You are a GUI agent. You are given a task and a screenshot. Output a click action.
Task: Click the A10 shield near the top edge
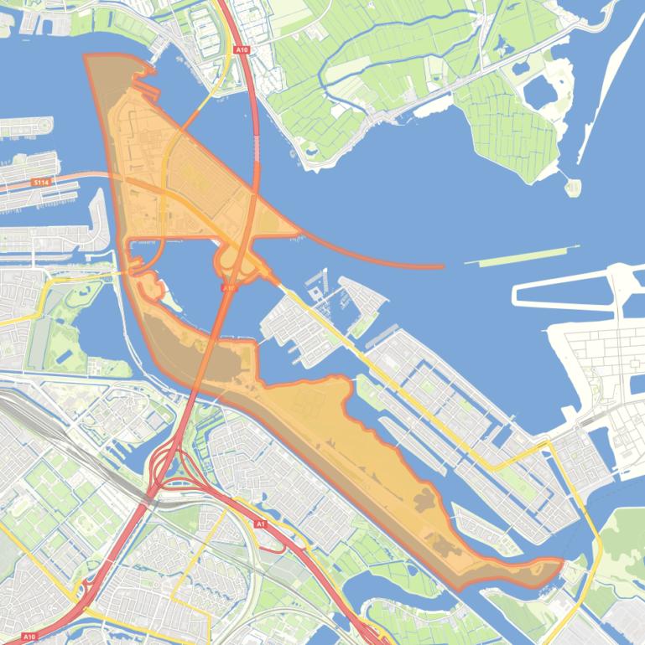242,50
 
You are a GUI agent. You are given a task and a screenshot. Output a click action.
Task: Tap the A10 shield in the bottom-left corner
29,637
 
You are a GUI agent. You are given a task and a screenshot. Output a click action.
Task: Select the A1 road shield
260,524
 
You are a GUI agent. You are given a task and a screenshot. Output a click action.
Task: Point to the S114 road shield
40,182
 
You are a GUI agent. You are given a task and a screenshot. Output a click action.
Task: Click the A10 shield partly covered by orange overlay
228,287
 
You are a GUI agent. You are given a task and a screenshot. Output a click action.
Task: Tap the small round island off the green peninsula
572,186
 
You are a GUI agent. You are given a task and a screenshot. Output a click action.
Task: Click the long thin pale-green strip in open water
522,255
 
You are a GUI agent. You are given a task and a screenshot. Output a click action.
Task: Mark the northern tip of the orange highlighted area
88,57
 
